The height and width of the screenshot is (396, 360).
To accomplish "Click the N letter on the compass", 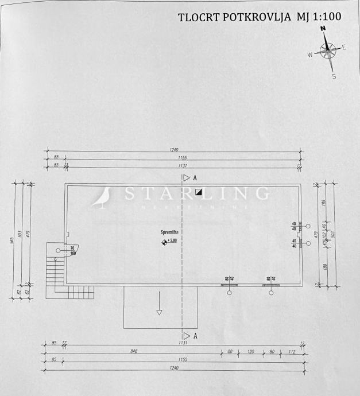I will [323, 29].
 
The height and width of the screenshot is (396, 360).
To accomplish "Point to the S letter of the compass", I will [334, 76].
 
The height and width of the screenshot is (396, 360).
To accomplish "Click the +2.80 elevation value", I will [173, 242].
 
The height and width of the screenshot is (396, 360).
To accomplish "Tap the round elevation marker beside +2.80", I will [164, 242].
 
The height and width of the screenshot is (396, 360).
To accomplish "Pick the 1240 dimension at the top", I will [175, 150].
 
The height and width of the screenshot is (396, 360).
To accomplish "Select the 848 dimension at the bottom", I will [134, 352].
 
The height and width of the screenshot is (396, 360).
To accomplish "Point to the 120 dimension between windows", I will [250, 352].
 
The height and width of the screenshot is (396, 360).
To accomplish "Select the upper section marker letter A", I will [195, 178].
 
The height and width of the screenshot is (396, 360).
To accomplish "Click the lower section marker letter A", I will [195, 335].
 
